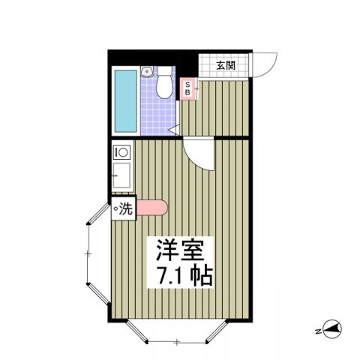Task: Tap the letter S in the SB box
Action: coord(188,84)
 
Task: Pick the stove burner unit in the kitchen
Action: coord(121,152)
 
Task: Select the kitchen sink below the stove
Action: coord(120,180)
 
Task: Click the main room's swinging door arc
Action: coord(199,154)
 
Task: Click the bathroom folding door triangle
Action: coord(174,131)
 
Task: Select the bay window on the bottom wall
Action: coord(175,334)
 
